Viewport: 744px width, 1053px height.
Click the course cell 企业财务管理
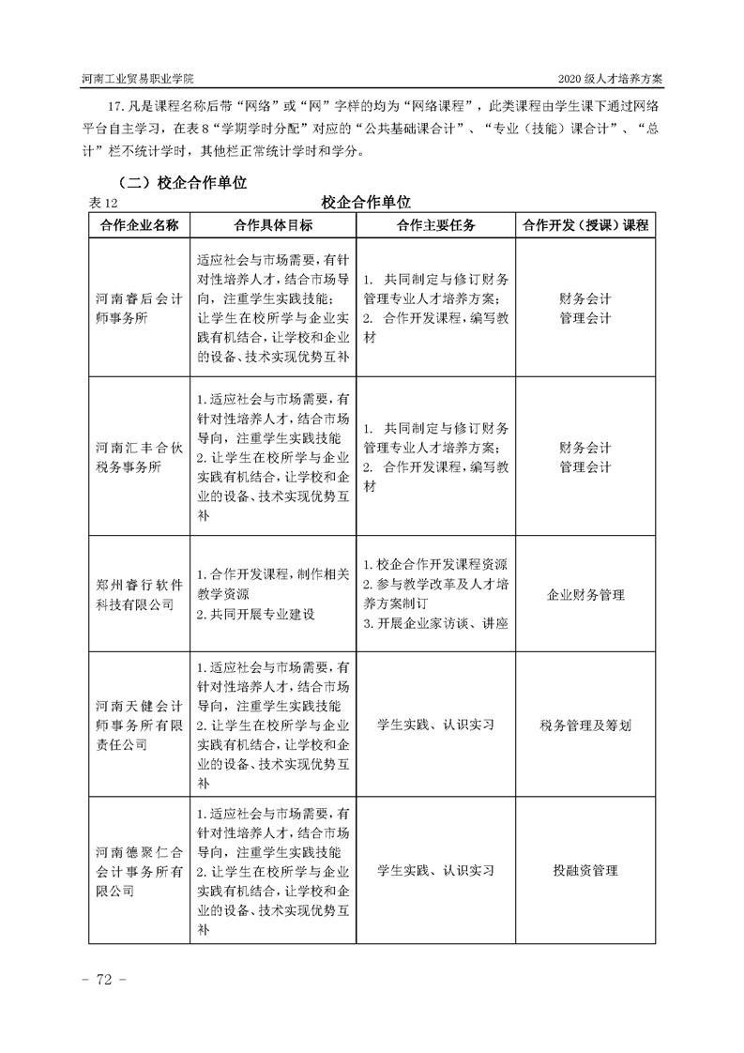point(585,594)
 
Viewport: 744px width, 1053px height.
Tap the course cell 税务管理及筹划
point(585,725)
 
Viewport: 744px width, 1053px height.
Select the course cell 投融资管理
point(585,870)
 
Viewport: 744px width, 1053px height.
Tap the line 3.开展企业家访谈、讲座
point(435,623)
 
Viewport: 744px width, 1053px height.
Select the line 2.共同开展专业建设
point(255,615)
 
